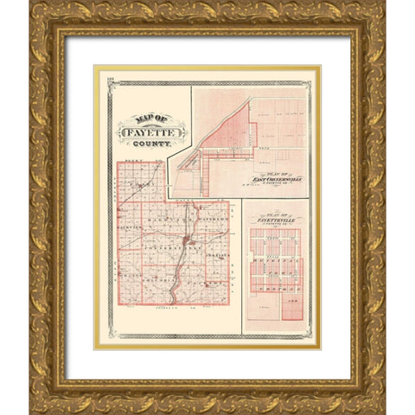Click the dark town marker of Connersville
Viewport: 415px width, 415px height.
(185, 240)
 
